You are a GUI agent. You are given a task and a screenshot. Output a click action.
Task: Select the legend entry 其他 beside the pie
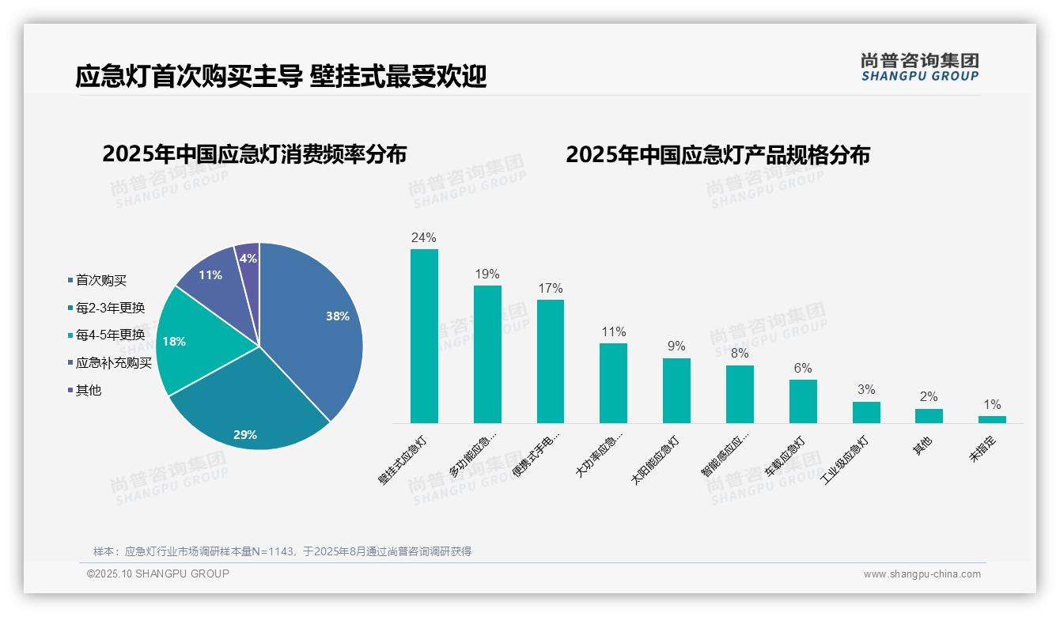88,391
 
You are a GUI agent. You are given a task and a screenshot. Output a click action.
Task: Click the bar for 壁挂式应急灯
424,336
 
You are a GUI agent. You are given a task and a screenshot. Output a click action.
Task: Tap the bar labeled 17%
551,361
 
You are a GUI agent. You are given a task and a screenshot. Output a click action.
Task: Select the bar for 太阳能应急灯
676,391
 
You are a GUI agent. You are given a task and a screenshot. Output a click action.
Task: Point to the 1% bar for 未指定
992,419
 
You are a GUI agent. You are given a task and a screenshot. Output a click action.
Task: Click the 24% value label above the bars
424,237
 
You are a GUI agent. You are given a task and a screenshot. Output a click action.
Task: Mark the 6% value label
803,368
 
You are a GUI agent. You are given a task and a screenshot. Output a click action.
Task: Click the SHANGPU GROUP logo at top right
919,67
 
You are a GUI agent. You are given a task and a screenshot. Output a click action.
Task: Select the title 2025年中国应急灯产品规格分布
717,155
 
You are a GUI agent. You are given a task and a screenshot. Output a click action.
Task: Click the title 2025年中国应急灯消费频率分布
254,154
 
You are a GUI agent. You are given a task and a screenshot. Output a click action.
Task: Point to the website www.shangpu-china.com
922,574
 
